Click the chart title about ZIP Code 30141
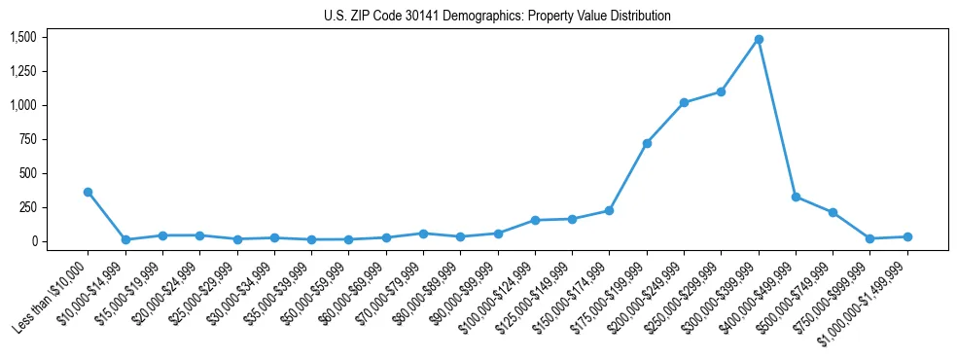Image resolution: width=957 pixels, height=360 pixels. [x=497, y=17]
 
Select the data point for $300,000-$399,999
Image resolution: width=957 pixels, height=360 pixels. [x=759, y=39]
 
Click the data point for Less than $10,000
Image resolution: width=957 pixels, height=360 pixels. [x=88, y=192]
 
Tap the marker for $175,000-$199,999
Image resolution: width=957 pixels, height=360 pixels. [x=647, y=143]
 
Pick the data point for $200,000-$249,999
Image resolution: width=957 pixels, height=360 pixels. [x=684, y=102]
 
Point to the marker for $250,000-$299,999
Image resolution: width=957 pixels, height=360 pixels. [x=721, y=91]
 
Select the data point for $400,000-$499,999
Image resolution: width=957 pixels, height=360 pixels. [x=796, y=197]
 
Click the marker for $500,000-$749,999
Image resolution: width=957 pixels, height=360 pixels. [x=833, y=212]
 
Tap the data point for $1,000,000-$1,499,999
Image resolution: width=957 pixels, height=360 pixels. [x=907, y=236]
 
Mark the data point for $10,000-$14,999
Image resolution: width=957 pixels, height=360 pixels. [x=125, y=239]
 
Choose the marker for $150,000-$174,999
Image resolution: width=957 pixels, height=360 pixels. [x=609, y=210]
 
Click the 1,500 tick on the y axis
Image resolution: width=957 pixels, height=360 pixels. [x=22, y=37]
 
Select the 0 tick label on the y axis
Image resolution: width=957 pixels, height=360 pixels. [x=33, y=241]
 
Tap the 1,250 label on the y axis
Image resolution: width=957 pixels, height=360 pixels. [x=22, y=71]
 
